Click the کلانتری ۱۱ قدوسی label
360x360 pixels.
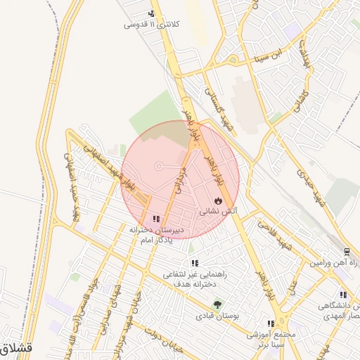[152, 25]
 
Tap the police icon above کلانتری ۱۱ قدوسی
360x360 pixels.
[151, 13]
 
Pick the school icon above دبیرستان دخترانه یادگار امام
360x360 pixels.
[155, 219]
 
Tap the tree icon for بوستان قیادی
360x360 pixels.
[217, 305]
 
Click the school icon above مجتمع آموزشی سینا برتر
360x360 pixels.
[271, 323]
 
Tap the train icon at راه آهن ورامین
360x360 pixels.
[346, 252]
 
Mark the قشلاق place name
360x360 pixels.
[13, 347]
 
